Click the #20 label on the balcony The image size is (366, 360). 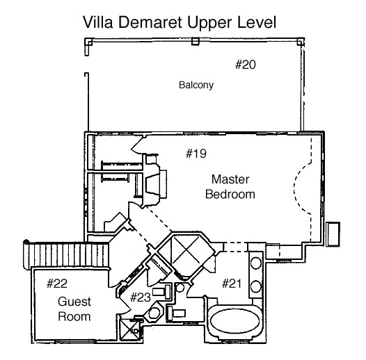pyautogui.click(x=246, y=65)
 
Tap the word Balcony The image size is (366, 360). pyautogui.click(x=196, y=85)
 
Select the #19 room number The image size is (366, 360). pyautogui.click(x=196, y=154)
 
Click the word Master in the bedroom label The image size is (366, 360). pyautogui.click(x=230, y=179)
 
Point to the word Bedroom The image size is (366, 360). pyautogui.click(x=230, y=195)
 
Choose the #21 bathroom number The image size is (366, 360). pyautogui.click(x=232, y=284)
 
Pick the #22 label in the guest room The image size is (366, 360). pyautogui.click(x=57, y=284)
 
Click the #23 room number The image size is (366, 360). pyautogui.click(x=141, y=297)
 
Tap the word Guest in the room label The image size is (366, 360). pyautogui.click(x=74, y=302)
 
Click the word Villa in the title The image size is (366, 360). pyautogui.click(x=98, y=22)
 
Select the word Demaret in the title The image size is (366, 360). pyautogui.click(x=150, y=22)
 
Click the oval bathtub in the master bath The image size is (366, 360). pyautogui.click(x=234, y=320)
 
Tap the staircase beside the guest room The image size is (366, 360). pyautogui.click(x=67, y=255)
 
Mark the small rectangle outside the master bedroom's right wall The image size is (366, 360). pyautogui.click(x=333, y=234)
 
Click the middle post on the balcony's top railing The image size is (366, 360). pyautogui.click(x=196, y=41)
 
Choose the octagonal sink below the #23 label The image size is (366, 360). pyautogui.click(x=154, y=313)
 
